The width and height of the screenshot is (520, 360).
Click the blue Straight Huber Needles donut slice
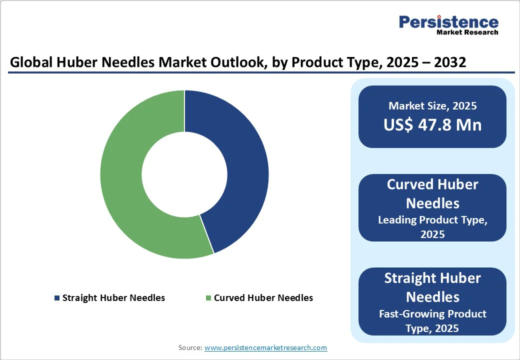(245, 170)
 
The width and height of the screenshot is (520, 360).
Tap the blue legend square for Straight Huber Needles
(57, 298)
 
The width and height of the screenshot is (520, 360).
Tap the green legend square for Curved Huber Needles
(208, 298)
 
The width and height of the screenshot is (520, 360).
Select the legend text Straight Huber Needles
(113, 298)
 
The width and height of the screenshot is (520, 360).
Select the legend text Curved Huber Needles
(263, 298)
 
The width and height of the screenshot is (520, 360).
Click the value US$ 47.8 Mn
(432, 124)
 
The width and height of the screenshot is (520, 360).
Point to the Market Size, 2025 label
(432, 106)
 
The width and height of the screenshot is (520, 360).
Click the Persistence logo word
(448, 22)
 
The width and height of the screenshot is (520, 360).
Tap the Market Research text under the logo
(467, 32)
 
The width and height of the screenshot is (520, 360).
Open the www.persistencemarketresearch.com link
(266, 347)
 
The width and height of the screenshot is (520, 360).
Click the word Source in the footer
(190, 347)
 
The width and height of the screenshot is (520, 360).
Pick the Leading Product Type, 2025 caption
(432, 226)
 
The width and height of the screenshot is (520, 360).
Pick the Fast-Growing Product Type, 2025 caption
(432, 321)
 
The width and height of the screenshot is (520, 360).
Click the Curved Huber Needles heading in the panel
(432, 193)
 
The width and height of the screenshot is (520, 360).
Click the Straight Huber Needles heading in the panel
(432, 287)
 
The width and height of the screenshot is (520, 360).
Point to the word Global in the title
(29, 63)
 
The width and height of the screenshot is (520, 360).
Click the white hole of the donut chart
(184, 174)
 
